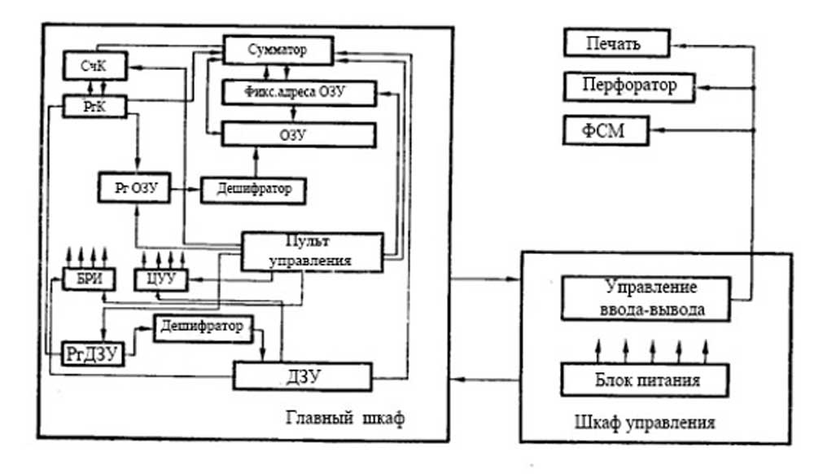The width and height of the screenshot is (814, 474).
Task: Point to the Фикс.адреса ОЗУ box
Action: (299, 93)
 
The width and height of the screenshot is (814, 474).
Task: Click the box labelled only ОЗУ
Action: (299, 134)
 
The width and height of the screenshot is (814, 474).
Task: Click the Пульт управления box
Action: (313, 252)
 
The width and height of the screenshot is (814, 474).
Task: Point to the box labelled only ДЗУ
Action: (302, 375)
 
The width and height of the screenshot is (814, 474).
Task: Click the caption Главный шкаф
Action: (346, 419)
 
